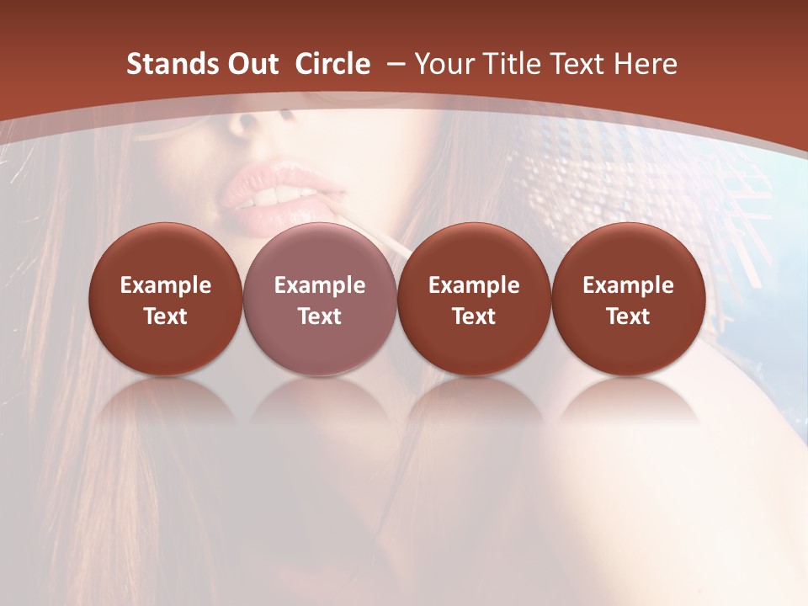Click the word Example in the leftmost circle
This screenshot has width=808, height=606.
(x=166, y=285)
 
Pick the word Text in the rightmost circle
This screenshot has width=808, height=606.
(x=628, y=316)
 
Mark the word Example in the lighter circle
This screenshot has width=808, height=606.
(x=320, y=285)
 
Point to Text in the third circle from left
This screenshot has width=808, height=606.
(x=474, y=316)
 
